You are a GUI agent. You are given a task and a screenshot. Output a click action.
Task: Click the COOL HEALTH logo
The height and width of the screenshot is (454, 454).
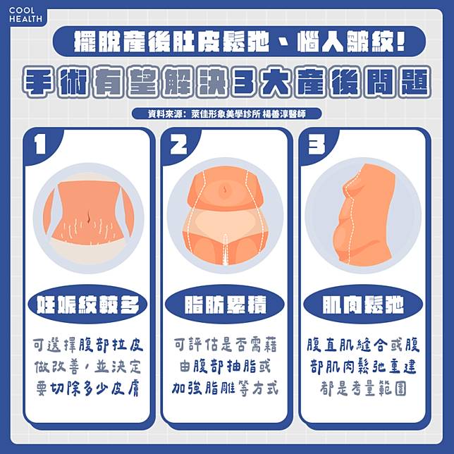click(25, 15)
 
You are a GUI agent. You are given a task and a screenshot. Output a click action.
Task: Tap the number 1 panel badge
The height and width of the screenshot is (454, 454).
click(40, 145)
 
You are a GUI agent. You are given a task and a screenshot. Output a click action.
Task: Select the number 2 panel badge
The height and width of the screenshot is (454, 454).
click(178, 145)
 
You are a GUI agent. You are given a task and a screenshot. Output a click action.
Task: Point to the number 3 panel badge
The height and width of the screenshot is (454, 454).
click(316, 145)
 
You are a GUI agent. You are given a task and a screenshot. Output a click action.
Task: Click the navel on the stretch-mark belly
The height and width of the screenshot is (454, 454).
click(89, 217)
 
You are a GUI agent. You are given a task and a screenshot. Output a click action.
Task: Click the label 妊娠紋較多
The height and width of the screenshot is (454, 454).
click(87, 305)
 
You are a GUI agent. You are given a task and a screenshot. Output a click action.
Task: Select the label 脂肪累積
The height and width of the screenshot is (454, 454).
click(225, 305)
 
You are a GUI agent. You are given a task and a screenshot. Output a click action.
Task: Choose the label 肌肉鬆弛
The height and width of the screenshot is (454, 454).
click(363, 305)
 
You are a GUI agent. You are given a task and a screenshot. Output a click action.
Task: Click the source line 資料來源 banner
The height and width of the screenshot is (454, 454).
click(227, 114)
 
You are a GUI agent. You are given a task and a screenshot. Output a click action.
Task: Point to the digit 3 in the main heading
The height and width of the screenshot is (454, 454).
click(244, 82)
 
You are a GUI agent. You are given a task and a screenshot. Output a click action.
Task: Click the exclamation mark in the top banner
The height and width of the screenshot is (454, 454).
click(400, 41)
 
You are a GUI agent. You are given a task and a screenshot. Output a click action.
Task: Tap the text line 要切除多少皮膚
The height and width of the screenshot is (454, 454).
click(87, 388)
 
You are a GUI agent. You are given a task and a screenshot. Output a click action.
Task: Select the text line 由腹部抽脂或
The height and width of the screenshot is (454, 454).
click(225, 367)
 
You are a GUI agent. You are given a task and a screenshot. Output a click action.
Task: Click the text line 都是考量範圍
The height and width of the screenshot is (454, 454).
click(363, 388)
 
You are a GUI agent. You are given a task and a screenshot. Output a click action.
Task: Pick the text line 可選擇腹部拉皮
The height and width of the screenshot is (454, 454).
click(87, 345)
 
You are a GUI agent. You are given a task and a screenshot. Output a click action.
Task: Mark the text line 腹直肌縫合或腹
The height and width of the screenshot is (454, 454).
click(363, 345)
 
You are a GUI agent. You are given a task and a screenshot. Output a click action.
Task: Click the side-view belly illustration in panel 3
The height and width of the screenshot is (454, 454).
click(365, 215)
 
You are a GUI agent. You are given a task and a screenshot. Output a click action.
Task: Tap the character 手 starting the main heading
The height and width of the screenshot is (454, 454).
click(39, 82)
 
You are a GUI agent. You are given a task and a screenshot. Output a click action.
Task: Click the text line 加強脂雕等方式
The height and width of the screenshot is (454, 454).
click(225, 388)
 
